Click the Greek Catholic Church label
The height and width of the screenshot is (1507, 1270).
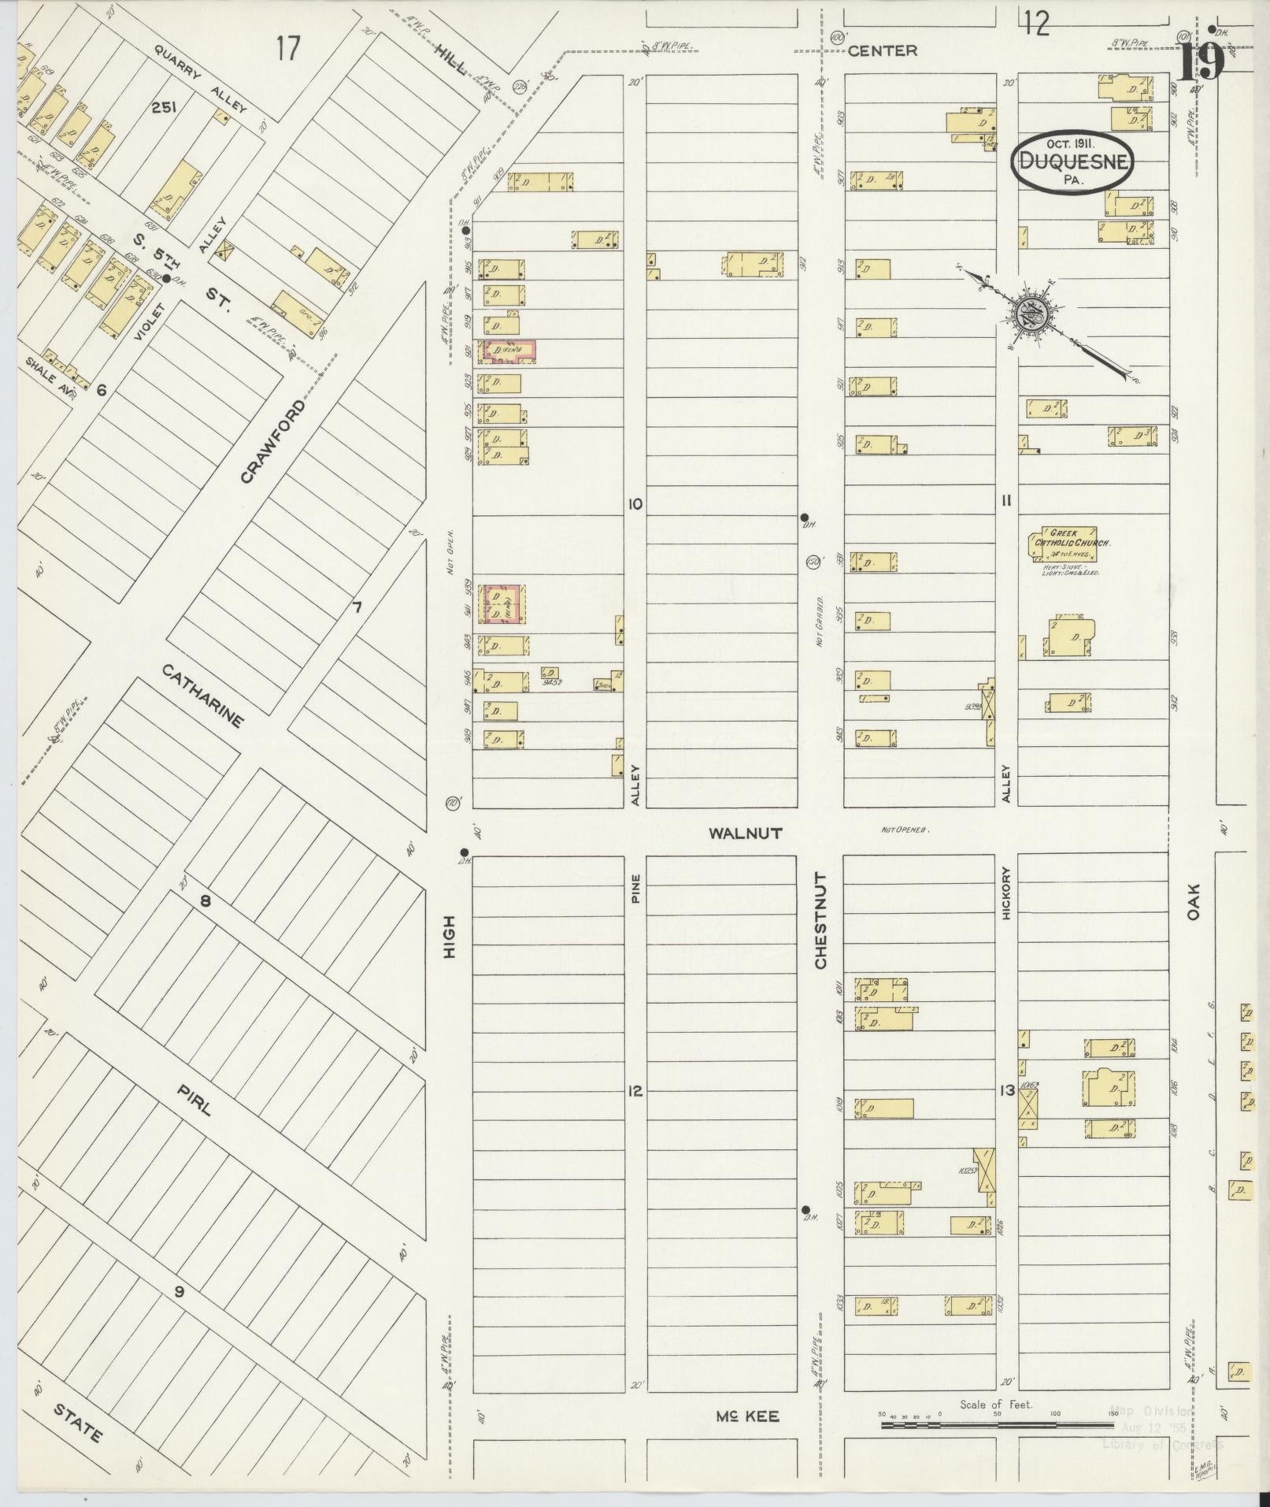[1071, 539]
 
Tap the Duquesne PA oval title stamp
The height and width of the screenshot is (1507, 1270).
[1072, 164]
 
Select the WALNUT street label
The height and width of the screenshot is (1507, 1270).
[745, 833]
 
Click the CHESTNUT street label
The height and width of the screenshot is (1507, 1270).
[820, 921]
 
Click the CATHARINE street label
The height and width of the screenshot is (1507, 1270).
[204, 696]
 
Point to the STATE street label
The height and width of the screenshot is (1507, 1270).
[78, 1422]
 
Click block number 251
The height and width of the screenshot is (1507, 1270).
[163, 108]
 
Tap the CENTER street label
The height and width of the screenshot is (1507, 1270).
[883, 51]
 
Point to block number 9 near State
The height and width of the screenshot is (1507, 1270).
[179, 1291]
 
